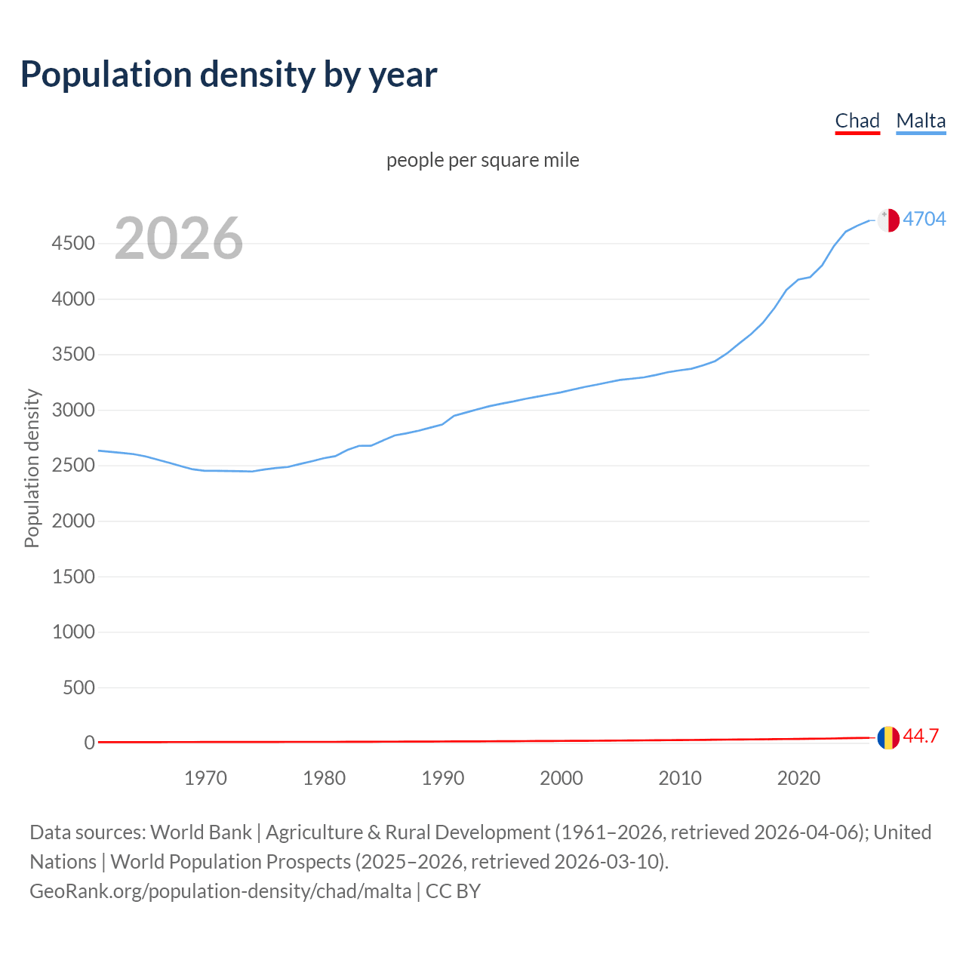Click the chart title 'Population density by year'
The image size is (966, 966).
pyautogui.click(x=229, y=75)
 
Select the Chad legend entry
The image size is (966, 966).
pyautogui.click(x=857, y=122)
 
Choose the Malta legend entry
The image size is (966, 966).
pyautogui.click(x=921, y=122)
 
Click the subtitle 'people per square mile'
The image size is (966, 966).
pyautogui.click(x=482, y=161)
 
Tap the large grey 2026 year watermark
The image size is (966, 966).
pyautogui.click(x=179, y=238)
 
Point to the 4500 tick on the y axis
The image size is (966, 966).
pyautogui.click(x=73, y=244)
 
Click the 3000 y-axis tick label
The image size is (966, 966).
pyautogui.click(x=73, y=411)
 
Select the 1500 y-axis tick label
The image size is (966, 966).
pyautogui.click(x=73, y=577)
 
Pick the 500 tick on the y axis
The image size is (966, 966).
pyautogui.click(x=78, y=688)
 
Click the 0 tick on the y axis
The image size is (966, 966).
pyautogui.click(x=90, y=743)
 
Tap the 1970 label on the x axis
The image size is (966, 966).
pyautogui.click(x=205, y=778)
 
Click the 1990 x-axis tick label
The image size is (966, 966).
pyautogui.click(x=443, y=778)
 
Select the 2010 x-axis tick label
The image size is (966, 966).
pyautogui.click(x=680, y=778)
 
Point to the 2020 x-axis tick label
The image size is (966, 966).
pyautogui.click(x=798, y=778)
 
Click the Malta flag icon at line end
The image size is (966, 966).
pyautogui.click(x=888, y=220)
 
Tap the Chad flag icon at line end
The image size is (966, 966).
pyautogui.click(x=888, y=737)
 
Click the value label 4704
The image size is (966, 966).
pyautogui.click(x=924, y=219)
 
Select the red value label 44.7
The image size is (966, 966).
pyautogui.click(x=921, y=737)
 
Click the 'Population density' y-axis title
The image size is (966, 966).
pyautogui.click(x=32, y=468)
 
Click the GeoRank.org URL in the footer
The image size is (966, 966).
pyautogui.click(x=220, y=891)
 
